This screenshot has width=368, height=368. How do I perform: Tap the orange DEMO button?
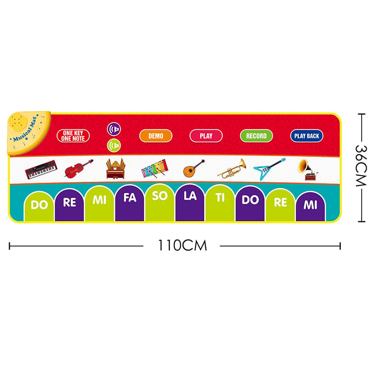[156, 136]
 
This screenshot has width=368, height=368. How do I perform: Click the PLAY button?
[206, 136]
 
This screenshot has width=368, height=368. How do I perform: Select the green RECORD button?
[256, 136]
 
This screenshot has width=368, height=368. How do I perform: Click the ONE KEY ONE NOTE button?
[73, 136]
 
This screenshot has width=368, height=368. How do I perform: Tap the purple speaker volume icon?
[114, 129]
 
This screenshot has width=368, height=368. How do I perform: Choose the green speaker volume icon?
[114, 145]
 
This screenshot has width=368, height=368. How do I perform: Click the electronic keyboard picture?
[41, 169]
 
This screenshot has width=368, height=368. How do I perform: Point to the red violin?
[79, 168]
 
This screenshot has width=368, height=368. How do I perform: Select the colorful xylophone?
[155, 168]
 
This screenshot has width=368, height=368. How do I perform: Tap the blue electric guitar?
[269, 169]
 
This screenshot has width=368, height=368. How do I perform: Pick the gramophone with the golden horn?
[307, 169]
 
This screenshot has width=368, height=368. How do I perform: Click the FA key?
[130, 203]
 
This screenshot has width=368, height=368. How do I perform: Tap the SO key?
[160, 203]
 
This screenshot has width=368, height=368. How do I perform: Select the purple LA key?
[190, 203]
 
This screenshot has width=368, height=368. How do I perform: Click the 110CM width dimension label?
[183, 246]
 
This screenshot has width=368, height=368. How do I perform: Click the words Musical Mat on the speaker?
[25, 130]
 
